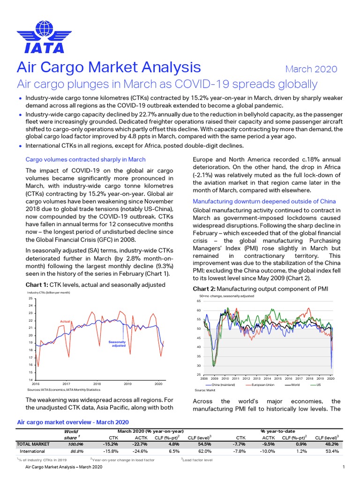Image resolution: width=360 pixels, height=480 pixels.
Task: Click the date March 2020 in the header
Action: (311, 69)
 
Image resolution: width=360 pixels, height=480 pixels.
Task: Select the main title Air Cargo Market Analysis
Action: (109, 67)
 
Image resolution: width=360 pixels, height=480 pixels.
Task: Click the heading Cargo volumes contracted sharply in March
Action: (85, 159)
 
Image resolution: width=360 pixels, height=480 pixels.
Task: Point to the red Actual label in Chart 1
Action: (65, 321)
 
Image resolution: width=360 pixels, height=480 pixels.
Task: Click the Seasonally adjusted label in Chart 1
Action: (117, 344)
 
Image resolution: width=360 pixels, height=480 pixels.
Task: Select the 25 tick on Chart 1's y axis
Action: (30, 298)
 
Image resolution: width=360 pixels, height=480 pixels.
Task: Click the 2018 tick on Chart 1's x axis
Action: (97, 383)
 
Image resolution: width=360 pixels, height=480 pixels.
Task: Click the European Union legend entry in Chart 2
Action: (263, 384)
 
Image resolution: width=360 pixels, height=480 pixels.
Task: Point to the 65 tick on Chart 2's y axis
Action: (198, 301)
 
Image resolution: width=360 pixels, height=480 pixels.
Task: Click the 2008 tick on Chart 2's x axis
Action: (204, 378)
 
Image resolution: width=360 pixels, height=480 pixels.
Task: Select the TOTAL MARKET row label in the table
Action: (34, 443)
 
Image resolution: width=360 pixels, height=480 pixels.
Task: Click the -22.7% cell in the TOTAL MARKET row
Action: (141, 443)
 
